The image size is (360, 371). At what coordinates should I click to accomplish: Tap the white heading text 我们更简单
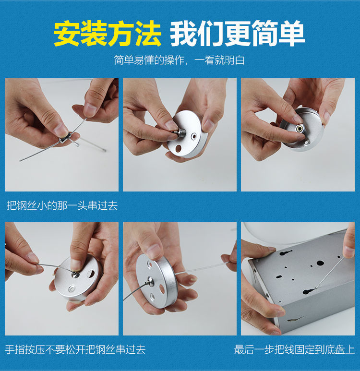[238, 34]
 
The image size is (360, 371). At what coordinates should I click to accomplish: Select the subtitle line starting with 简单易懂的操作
[180, 60]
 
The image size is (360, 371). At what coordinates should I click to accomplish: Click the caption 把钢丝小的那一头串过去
[62, 206]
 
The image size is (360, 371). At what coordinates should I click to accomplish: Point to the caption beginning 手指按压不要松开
[75, 349]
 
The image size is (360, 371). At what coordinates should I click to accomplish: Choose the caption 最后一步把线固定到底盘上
[294, 349]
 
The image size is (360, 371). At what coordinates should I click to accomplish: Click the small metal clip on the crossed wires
[64, 139]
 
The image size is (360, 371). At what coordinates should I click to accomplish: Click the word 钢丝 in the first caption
[29, 206]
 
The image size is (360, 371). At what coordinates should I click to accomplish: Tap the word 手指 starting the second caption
[16, 349]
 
